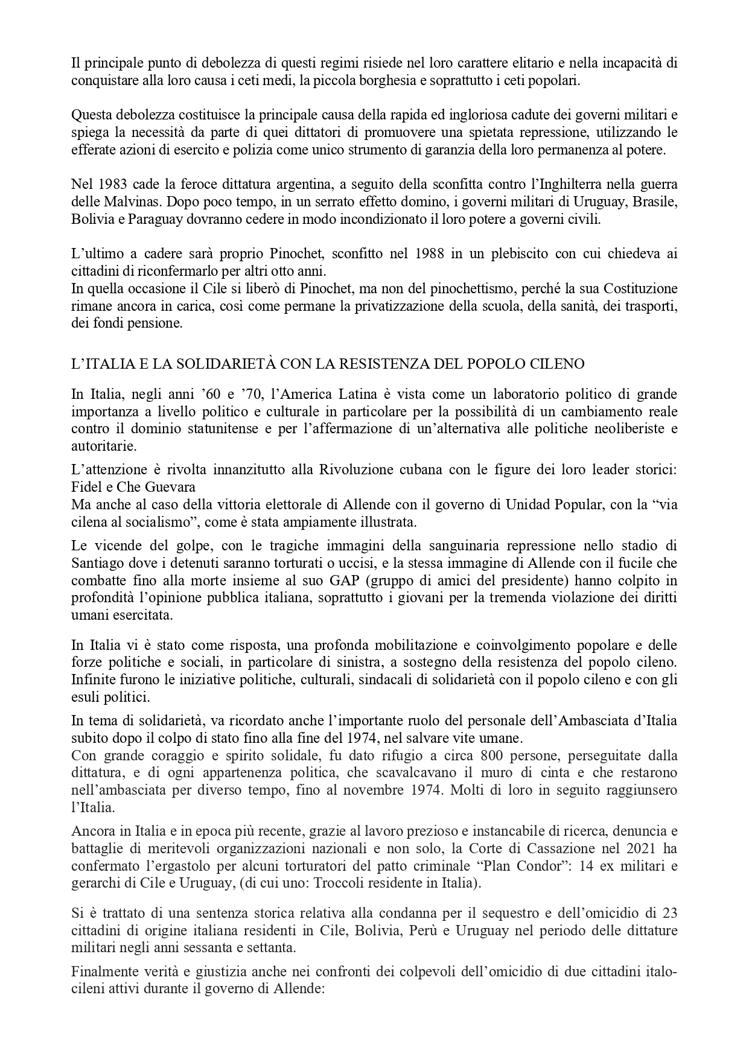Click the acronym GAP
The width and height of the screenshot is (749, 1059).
tap(370, 581)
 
